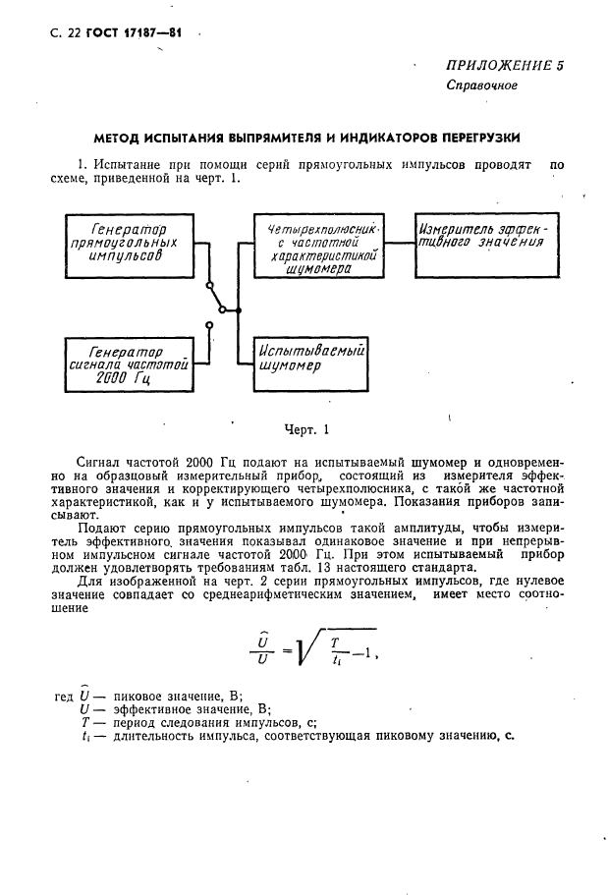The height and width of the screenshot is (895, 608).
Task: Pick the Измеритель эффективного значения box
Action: click(487, 238)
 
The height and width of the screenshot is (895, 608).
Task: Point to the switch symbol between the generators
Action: click(218, 306)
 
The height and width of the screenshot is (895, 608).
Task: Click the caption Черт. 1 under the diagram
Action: click(305, 429)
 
